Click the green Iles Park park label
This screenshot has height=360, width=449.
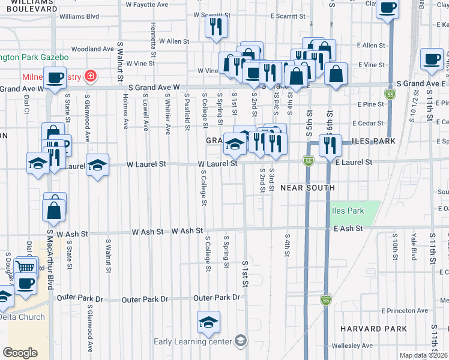[348, 211]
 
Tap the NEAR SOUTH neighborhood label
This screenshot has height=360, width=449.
[307, 188]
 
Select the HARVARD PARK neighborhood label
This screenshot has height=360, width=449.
[373, 329]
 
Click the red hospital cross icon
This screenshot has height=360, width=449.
[90, 76]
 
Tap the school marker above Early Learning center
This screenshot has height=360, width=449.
[208, 323]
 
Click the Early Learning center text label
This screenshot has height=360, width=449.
[192, 342]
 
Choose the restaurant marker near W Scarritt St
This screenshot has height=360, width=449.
[215, 26]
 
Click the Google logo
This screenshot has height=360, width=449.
[20, 353]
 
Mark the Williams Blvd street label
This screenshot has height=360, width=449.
[79, 17]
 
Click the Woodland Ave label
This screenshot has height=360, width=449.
[92, 49]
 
